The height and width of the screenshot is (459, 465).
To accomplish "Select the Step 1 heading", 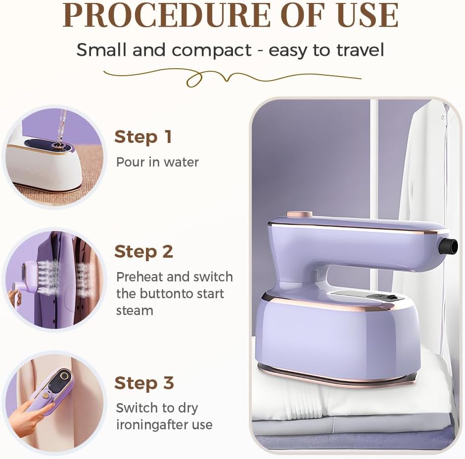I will click(143, 137).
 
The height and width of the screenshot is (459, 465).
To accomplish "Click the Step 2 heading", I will click(143, 252).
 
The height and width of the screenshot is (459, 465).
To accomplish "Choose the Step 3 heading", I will click(144, 383).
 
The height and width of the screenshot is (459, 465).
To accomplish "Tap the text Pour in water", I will click(157, 162).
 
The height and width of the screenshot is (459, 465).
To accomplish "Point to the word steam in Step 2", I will click(135, 310).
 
